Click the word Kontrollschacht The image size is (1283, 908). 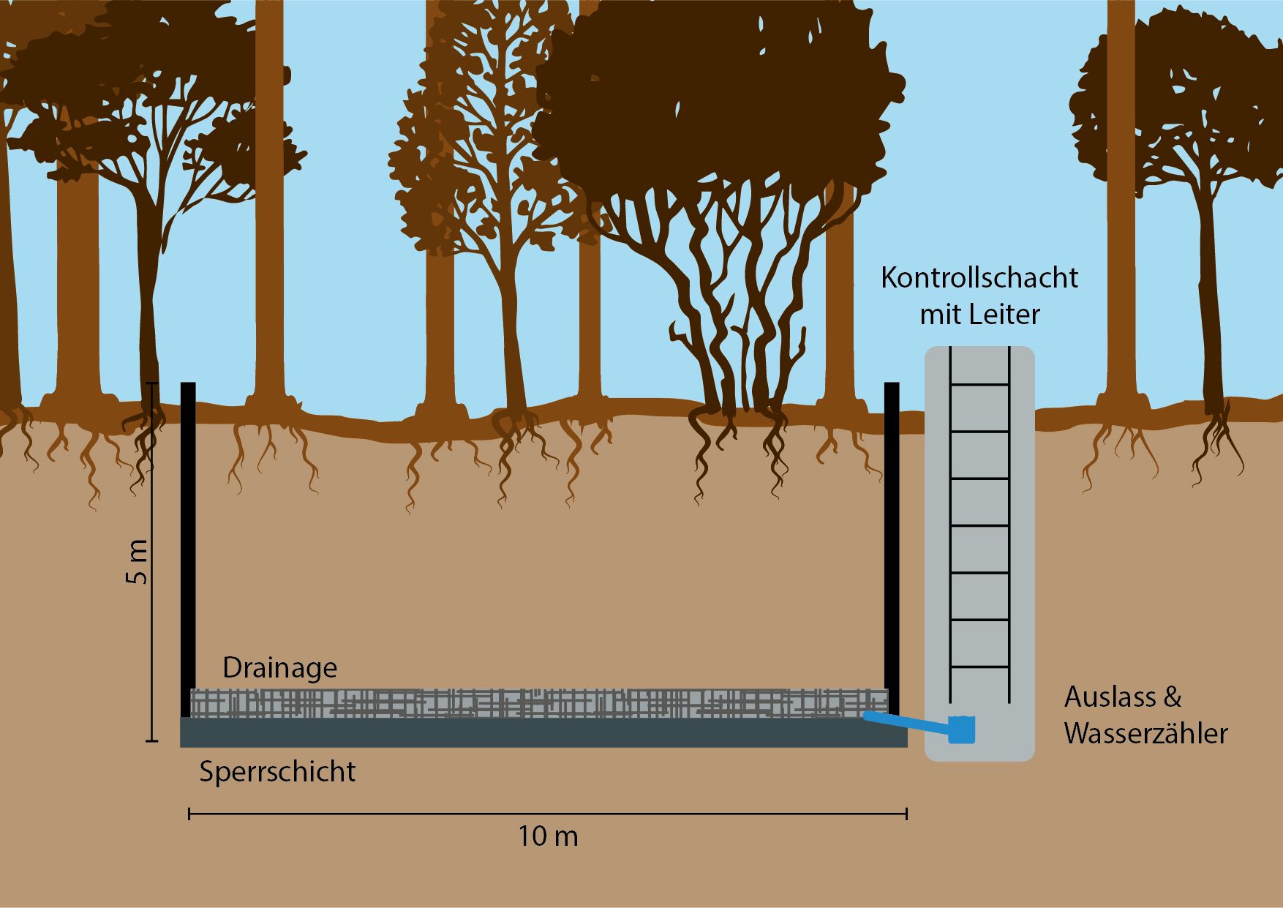(979, 278)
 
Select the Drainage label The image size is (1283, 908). (279, 668)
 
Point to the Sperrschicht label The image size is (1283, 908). (277, 772)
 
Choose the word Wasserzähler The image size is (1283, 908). (1145, 734)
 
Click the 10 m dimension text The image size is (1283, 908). (548, 836)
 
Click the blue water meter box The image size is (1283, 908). (962, 729)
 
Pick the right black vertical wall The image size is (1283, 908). (892, 541)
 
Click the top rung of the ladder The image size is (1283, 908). (979, 385)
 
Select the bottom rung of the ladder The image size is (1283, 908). (979, 667)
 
